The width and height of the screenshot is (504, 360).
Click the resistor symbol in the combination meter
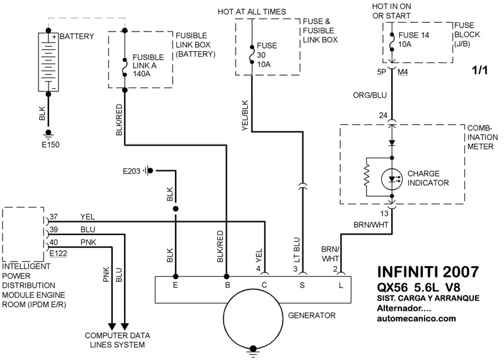[x=365, y=178]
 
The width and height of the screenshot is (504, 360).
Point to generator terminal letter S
[x=302, y=286]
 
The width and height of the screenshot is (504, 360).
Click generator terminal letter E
[x=176, y=286]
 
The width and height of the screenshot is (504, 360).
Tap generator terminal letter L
[x=341, y=286]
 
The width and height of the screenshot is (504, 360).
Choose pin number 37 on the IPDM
[x=54, y=218]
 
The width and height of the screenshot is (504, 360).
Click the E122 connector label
[x=59, y=253]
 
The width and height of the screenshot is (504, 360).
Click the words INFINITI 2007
[x=427, y=272]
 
